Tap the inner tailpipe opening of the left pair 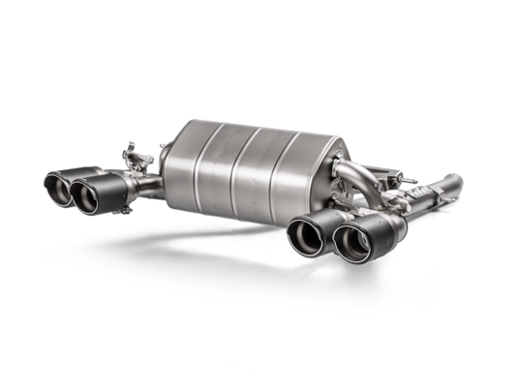(88, 196)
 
